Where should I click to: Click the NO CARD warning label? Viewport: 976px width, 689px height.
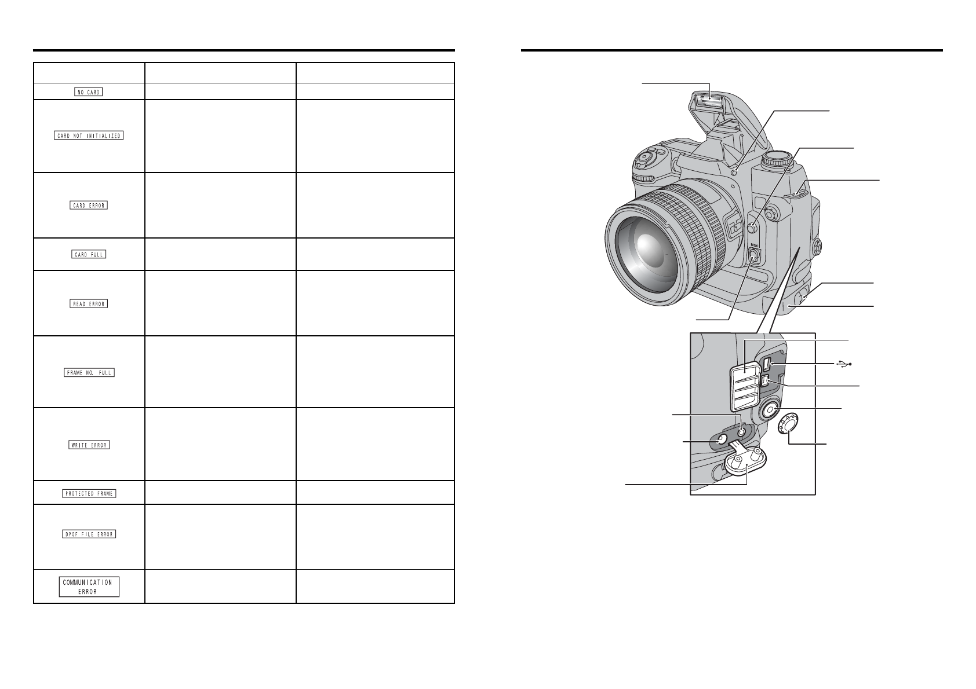89,92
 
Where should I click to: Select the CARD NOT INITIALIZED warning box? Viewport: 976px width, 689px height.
89,135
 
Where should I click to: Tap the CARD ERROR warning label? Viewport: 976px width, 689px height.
89,205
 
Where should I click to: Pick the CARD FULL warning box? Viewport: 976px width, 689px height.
89,254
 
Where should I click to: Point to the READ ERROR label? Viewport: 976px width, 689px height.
89,303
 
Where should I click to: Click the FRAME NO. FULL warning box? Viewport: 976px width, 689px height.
89,372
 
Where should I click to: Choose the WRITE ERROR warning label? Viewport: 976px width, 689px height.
89,445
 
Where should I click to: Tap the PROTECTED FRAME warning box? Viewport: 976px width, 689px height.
89,493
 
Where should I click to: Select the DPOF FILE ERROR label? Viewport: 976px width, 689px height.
89,534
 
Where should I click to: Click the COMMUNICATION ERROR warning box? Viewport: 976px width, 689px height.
89,587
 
